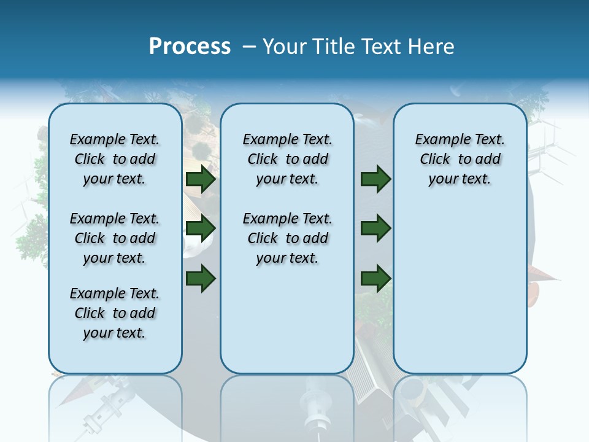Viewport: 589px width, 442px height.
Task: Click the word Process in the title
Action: click(190, 47)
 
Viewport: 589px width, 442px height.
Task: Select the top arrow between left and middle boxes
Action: click(201, 179)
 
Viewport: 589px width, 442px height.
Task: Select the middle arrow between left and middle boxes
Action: click(201, 228)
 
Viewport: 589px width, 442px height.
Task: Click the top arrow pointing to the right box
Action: click(375, 179)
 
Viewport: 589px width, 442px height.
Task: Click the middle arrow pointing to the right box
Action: click(375, 228)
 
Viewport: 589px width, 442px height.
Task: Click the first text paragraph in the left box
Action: click(115, 159)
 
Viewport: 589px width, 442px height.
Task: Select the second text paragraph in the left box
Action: click(115, 238)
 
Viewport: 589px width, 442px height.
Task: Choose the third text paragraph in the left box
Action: click(115, 313)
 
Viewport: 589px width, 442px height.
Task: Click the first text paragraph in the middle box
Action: click(287, 159)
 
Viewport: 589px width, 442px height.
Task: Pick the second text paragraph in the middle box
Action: click(287, 238)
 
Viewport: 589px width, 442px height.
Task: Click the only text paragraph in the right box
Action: click(460, 159)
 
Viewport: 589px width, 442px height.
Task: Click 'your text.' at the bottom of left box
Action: click(115, 333)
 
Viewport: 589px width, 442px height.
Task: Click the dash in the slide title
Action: click(249, 47)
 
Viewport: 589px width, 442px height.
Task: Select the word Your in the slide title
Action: click(285, 47)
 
